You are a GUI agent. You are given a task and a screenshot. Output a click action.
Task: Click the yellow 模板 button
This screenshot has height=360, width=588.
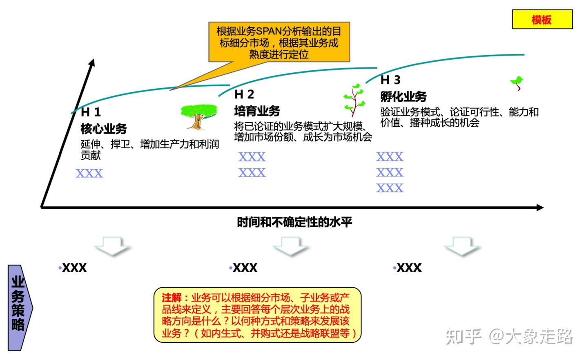(542, 19)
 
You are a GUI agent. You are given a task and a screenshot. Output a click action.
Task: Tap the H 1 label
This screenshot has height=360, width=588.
(91, 112)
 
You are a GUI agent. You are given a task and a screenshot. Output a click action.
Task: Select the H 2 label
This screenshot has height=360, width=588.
(244, 94)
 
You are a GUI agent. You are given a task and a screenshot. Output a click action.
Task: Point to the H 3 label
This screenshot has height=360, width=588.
(390, 80)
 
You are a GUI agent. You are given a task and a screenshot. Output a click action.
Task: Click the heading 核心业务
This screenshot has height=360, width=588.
(104, 129)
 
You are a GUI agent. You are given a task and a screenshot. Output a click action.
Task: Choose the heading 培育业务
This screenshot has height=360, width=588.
(257, 111)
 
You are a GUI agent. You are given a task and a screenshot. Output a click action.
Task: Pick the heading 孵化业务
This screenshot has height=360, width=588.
(403, 96)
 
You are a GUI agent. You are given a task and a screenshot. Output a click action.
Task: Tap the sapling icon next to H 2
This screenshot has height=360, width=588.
(354, 100)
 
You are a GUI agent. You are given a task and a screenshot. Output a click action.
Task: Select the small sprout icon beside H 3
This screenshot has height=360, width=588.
(517, 83)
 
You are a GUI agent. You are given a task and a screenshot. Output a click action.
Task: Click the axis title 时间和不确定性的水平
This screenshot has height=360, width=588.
(294, 222)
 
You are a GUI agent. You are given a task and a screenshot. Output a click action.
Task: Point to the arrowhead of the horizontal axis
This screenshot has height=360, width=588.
(540, 208)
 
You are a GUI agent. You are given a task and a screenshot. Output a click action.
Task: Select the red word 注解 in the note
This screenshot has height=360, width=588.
(171, 297)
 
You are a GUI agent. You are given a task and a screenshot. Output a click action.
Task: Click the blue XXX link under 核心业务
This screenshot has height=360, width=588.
(89, 173)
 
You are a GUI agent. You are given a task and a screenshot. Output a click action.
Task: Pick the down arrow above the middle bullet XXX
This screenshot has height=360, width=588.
(290, 246)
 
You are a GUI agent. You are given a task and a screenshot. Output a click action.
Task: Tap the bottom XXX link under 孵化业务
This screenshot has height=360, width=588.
(390, 188)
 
